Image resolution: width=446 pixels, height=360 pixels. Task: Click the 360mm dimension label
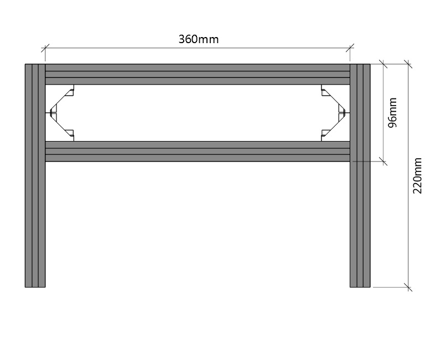[x=199, y=39]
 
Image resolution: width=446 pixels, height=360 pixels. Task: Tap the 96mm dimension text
[x=392, y=113]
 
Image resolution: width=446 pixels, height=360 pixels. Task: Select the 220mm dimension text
[x=417, y=175]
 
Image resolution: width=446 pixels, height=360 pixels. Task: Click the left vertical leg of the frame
[x=35, y=175]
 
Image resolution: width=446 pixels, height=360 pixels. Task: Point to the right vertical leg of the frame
[x=360, y=175]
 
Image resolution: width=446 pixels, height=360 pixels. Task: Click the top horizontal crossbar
[x=198, y=74]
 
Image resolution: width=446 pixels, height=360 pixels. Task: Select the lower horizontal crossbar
[x=198, y=152]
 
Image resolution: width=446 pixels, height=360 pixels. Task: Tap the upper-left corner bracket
[x=63, y=97]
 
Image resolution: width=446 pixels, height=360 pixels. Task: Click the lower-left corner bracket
[x=63, y=128]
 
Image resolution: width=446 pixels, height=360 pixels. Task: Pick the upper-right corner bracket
[x=332, y=97]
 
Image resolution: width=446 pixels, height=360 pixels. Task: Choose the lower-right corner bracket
[x=332, y=128]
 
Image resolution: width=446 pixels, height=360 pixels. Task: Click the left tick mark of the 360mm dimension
[x=45, y=48]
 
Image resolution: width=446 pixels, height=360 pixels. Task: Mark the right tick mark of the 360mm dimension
[x=350, y=48]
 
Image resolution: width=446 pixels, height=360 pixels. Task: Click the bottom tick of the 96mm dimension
[x=383, y=161]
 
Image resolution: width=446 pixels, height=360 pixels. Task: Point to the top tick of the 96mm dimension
[x=383, y=64]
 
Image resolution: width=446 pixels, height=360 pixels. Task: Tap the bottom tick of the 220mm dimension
[x=408, y=287]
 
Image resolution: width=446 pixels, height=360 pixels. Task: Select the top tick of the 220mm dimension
[x=408, y=64]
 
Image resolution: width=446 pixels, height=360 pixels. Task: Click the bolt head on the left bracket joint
[x=52, y=113]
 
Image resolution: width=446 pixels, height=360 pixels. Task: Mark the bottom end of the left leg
[x=35, y=287]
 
